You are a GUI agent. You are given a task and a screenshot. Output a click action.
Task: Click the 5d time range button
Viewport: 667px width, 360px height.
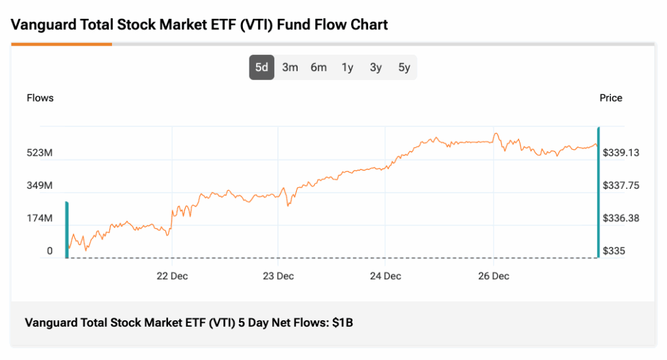[x=261, y=67]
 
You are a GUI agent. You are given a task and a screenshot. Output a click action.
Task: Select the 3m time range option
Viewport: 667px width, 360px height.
[x=290, y=67]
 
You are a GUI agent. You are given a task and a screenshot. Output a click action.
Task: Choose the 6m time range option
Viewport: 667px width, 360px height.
[x=319, y=67]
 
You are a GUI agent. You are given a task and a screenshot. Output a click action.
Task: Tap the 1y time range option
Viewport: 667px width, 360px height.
[x=347, y=67]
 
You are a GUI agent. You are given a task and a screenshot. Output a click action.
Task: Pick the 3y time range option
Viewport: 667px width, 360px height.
[x=376, y=67]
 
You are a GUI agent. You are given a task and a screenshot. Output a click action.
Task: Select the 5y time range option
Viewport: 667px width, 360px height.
[x=404, y=67]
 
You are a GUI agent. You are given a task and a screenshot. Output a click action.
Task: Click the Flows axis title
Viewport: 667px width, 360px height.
[x=40, y=98]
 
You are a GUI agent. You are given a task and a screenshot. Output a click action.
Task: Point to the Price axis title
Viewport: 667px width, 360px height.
[x=610, y=98]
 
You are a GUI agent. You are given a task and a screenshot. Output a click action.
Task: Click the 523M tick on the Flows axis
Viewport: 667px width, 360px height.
[x=39, y=153]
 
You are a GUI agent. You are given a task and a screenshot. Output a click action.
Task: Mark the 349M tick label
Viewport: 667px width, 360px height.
[x=39, y=186]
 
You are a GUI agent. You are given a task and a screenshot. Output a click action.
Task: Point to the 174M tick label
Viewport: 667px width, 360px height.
[x=39, y=218]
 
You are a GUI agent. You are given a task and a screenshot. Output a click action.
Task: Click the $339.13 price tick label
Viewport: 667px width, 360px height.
[x=621, y=153]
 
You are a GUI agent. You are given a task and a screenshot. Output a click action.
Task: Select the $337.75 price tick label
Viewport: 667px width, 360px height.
[x=621, y=186]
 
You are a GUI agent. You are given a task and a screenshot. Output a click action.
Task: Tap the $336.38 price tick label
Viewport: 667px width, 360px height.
[x=621, y=218]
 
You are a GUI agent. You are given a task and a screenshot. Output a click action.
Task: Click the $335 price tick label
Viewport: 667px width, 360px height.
[x=613, y=251]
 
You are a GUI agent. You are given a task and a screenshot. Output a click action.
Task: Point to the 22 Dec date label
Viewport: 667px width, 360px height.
[x=172, y=276]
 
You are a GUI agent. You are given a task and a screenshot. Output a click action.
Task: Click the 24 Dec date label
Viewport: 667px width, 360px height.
[x=385, y=276]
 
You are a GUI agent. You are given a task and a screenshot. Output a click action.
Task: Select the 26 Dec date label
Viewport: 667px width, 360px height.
[x=493, y=276]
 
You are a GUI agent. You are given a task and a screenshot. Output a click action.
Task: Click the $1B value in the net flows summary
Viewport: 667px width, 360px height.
[x=343, y=322]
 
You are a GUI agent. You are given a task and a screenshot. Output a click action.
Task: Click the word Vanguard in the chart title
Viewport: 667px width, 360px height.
[x=42, y=25]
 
